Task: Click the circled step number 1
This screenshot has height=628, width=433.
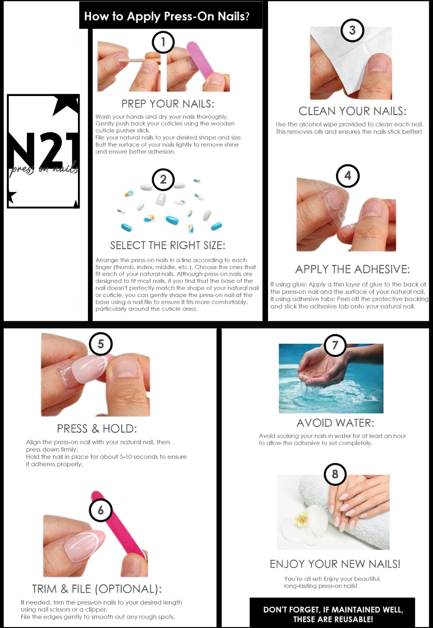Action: (x=163, y=42)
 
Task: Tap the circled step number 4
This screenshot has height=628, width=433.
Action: (x=347, y=176)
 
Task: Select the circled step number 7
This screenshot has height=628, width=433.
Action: (x=335, y=345)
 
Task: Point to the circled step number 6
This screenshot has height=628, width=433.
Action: (x=100, y=510)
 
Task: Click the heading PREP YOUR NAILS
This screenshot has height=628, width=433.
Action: (x=168, y=104)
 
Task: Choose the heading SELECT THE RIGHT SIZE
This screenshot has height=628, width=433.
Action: (x=168, y=245)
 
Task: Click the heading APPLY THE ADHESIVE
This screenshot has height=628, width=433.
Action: (x=352, y=269)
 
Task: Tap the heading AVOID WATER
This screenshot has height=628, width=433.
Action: (x=335, y=423)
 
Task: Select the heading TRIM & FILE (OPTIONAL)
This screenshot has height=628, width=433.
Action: (x=97, y=589)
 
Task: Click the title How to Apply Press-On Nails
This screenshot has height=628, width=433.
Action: (x=167, y=16)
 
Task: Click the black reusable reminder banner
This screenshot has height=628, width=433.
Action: (x=332, y=614)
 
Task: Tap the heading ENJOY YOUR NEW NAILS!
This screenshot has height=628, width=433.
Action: (x=335, y=564)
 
